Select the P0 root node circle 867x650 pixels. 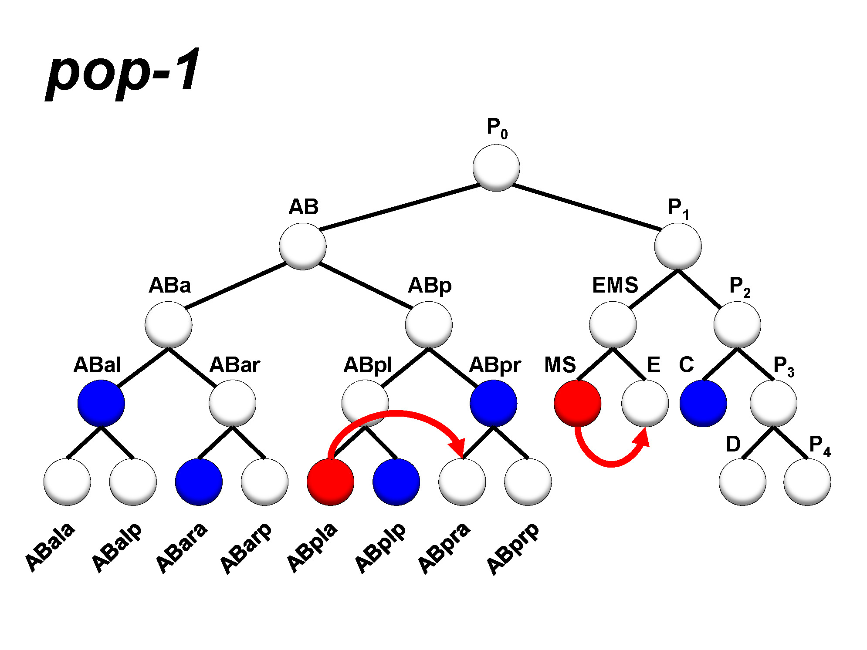pyautogui.click(x=496, y=168)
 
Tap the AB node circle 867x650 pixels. pyautogui.click(x=302, y=246)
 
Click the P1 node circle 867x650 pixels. pyautogui.click(x=677, y=246)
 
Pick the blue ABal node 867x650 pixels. pyautogui.click(x=101, y=403)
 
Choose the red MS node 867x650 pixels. pyautogui.click(x=577, y=403)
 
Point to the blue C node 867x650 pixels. pyautogui.click(x=703, y=403)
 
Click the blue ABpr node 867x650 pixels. pyautogui.click(x=493, y=403)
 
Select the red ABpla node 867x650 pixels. pyautogui.click(x=330, y=482)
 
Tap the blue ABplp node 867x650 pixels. pyautogui.click(x=396, y=482)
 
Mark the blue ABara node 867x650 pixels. pyautogui.click(x=199, y=482)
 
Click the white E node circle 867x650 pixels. pyautogui.click(x=645, y=403)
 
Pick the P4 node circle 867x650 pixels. pyautogui.click(x=807, y=482)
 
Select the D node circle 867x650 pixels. pyautogui.click(x=742, y=482)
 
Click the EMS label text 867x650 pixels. pyautogui.click(x=615, y=286)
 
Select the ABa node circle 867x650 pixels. pyautogui.click(x=168, y=325)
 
